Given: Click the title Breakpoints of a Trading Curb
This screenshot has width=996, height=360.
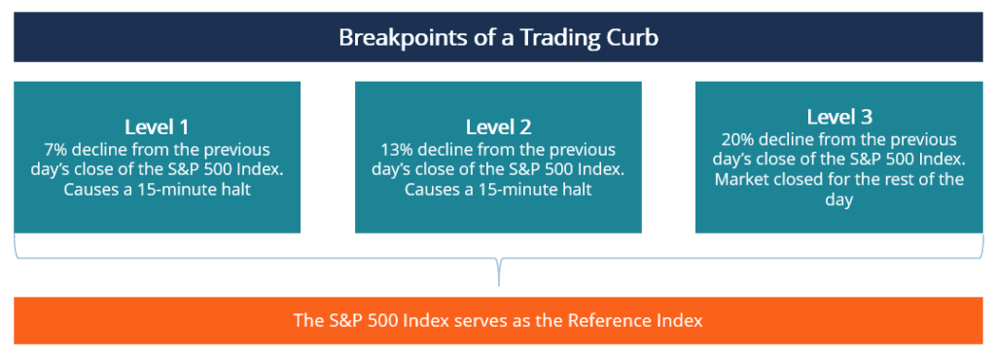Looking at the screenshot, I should tap(498, 38).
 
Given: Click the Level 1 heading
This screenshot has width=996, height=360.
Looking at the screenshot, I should tap(157, 126).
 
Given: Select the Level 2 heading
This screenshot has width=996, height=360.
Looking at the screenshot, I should tap(498, 126).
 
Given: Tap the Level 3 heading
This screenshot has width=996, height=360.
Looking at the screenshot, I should tap(838, 117).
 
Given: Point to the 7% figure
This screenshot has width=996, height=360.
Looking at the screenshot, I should tap(54, 150).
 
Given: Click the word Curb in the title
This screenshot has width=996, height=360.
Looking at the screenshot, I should tap(634, 38).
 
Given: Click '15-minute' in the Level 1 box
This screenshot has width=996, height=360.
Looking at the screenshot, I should tap(176, 189).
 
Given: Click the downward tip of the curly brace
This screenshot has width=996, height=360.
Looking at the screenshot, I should tap(498, 283).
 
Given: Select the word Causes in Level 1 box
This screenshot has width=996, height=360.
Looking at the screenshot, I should tap(94, 189).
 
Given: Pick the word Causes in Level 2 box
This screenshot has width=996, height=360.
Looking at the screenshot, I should tap(436, 189).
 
